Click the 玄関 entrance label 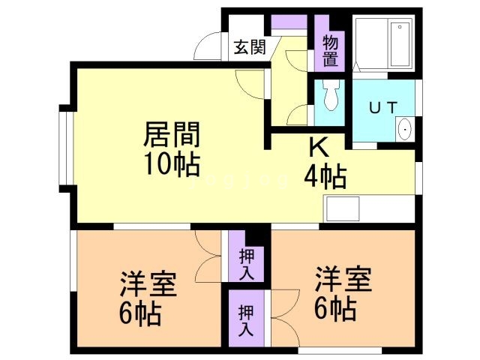[249, 48]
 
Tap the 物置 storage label [330, 49]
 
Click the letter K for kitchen [316, 148]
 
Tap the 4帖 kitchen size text [324, 177]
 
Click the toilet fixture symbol [330, 96]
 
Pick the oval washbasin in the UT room [406, 130]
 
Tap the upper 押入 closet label [246, 263]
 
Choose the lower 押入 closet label [246, 319]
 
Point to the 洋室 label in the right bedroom [342, 278]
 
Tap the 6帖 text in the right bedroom [334, 306]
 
